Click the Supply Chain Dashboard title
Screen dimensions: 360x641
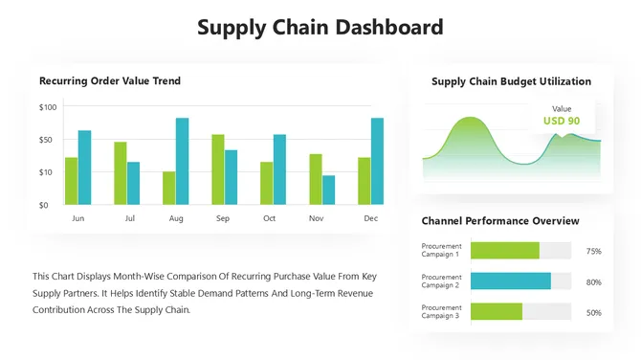point(320,27)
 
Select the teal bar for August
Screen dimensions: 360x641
point(182,161)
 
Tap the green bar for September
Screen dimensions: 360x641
point(218,169)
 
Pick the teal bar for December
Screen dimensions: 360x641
point(377,161)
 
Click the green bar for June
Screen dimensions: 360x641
point(71,181)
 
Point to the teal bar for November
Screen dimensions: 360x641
point(329,190)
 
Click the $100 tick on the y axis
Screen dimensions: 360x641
point(48,106)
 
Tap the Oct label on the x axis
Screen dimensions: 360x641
point(269,219)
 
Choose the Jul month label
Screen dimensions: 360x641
point(130,219)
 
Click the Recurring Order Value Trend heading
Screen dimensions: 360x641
point(110,81)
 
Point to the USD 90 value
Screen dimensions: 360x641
point(562,122)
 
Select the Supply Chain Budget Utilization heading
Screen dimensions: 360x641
point(511,81)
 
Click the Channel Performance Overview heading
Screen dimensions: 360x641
point(500,221)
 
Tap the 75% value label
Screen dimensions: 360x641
point(593,251)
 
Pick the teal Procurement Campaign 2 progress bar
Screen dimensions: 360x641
point(510,281)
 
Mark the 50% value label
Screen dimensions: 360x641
point(593,312)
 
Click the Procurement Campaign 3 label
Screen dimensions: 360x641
point(441,312)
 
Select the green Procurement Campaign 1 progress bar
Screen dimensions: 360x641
point(504,251)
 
